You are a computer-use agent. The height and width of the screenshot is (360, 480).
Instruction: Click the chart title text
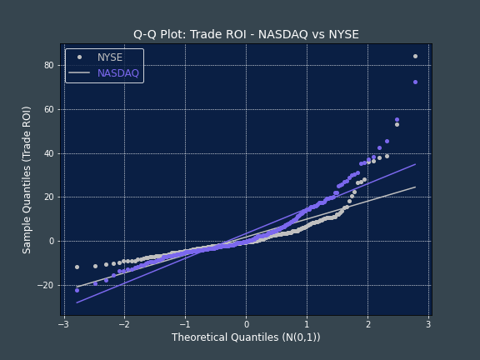[246, 34]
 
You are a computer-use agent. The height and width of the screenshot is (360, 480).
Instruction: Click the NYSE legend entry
[109, 57]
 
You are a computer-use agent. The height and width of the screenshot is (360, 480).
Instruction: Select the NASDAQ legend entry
[117, 73]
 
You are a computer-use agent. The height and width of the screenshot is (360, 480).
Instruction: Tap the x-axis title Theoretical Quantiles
[246, 337]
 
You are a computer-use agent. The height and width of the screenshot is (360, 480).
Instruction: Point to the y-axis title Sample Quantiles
[27, 179]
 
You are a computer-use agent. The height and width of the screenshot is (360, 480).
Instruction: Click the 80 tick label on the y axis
[48, 65]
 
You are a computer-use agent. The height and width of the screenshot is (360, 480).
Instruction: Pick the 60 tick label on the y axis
[48, 109]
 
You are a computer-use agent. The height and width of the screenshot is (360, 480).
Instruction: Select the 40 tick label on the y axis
[48, 153]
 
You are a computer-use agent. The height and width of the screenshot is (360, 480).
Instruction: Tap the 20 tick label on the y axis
[48, 197]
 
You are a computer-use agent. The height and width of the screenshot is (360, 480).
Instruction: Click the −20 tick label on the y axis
[46, 285]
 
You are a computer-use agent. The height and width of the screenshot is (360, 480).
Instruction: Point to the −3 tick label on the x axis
[62, 323]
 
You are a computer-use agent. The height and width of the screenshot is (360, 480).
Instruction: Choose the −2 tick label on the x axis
[123, 323]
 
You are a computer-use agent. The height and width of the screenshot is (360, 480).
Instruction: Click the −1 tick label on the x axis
[184, 323]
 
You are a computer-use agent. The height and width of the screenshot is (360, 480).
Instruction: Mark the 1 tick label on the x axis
[307, 323]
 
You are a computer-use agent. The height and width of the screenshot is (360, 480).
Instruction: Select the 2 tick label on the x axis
[367, 323]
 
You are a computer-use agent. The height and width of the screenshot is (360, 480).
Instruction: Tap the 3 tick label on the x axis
[428, 323]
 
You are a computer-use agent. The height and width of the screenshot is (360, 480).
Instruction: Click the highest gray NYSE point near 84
[415, 57]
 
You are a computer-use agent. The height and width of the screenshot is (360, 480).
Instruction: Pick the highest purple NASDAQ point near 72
[415, 82]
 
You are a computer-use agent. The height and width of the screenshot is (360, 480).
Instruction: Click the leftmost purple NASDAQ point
[77, 290]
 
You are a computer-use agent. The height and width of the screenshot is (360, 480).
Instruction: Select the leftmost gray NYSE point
[77, 267]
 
